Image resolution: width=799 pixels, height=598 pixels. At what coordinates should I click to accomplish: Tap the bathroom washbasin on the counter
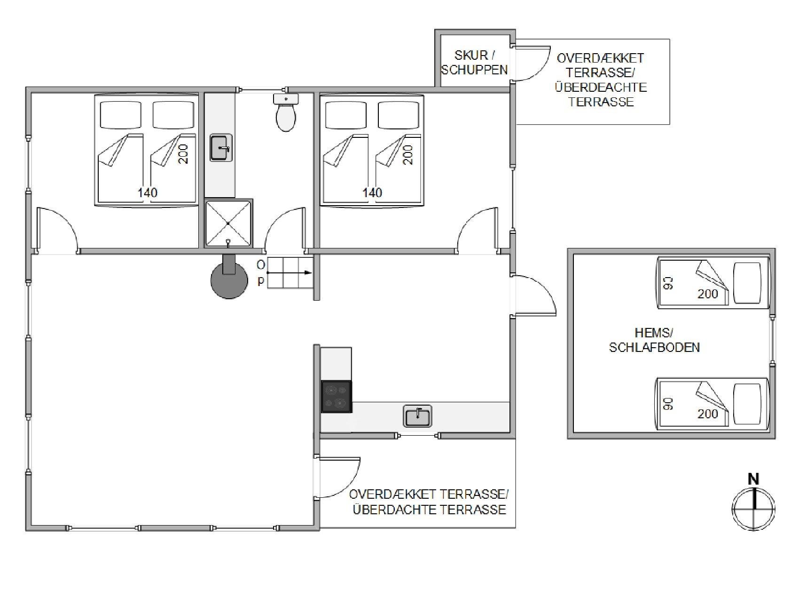(221, 148)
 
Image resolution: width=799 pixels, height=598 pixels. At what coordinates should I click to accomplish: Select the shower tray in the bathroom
(228, 223)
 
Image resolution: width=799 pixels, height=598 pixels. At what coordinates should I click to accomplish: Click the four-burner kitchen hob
(336, 396)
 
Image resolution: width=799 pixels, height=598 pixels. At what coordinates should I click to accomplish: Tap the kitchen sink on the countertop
(417, 416)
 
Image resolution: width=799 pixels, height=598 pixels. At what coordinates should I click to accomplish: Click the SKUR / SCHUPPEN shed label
(474, 62)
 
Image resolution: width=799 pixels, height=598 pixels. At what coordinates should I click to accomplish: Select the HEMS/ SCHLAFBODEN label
(654, 340)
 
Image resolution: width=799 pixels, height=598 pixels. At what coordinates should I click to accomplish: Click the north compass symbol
(753, 509)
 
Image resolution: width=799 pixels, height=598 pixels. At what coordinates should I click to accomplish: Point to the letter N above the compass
(753, 479)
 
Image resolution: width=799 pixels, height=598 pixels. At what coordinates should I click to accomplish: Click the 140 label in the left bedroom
(147, 192)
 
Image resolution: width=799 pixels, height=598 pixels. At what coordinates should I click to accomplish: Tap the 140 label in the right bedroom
(372, 192)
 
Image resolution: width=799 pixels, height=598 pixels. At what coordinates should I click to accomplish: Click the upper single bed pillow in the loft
(747, 283)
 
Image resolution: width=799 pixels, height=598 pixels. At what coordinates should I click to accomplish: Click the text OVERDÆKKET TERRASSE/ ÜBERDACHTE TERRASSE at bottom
(429, 502)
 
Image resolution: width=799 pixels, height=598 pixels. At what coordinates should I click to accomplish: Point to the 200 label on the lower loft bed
(708, 414)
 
